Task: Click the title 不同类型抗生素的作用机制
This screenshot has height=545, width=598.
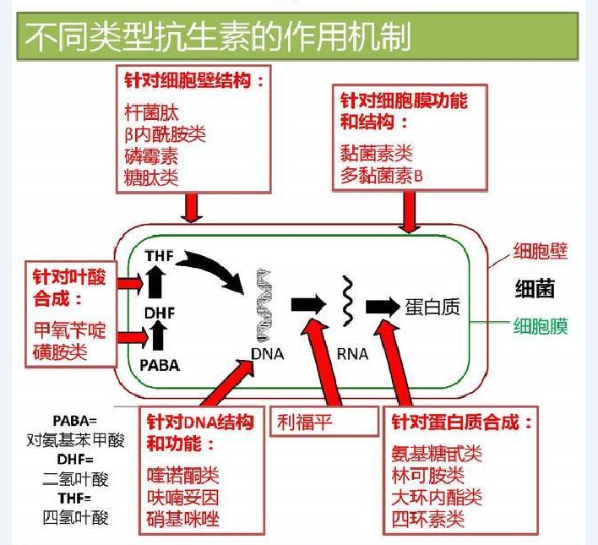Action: point(218,37)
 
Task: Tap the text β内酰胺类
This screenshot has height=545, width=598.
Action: point(164,134)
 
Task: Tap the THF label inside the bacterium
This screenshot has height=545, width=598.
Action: point(159,255)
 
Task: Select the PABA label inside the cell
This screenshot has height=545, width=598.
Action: point(159,365)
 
